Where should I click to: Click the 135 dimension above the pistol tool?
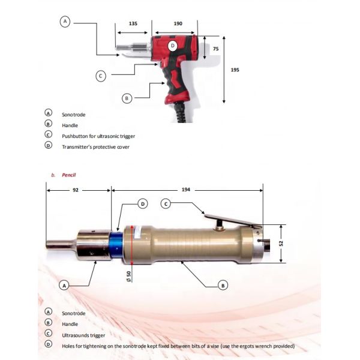pos(133,23)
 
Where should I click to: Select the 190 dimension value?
pos(178,23)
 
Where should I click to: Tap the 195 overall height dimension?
pos(235,70)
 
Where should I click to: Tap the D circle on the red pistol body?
pos(173,46)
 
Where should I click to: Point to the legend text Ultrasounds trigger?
pos(86,335)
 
